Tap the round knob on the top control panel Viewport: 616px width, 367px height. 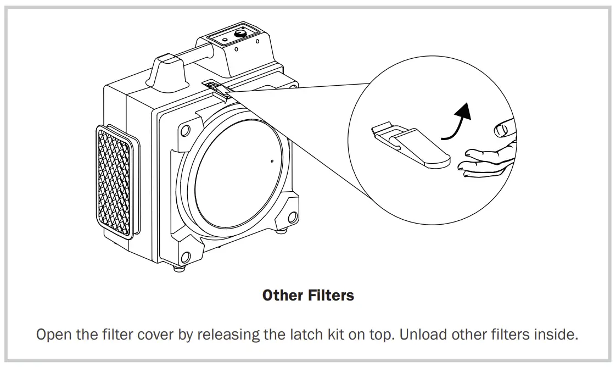tap(239, 35)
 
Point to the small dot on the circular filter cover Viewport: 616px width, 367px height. tap(272, 162)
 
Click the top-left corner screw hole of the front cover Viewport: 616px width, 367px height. tap(186, 131)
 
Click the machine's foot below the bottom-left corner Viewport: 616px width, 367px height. tap(178, 270)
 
